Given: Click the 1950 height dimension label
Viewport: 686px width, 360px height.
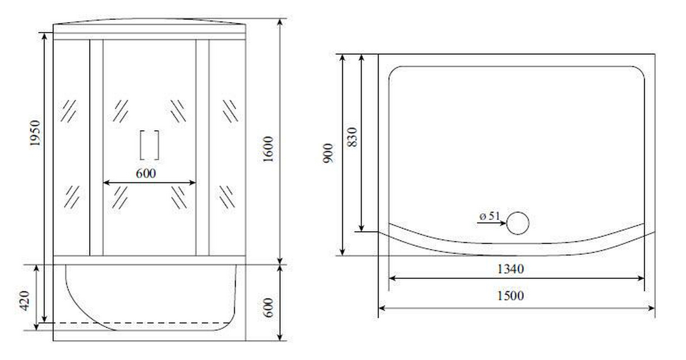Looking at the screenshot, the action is pos(35,133).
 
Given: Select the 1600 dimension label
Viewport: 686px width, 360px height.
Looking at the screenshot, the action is pos(268,149).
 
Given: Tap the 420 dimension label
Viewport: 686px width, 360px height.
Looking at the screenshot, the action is pos(24,301).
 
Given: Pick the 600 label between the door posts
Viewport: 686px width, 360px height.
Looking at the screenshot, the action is pos(146,174).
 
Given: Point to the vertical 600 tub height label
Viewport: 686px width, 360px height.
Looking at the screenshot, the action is pos(268,308).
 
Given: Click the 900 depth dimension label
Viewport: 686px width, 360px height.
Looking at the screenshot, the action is pos(328,153).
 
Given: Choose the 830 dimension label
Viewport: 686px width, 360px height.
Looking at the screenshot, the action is pos(352,137).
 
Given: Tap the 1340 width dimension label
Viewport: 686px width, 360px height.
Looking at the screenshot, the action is pos(510,269).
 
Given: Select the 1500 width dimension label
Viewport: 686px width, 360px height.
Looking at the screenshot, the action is pos(510,296).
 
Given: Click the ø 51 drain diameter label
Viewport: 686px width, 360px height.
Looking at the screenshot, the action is pos(490,216).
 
